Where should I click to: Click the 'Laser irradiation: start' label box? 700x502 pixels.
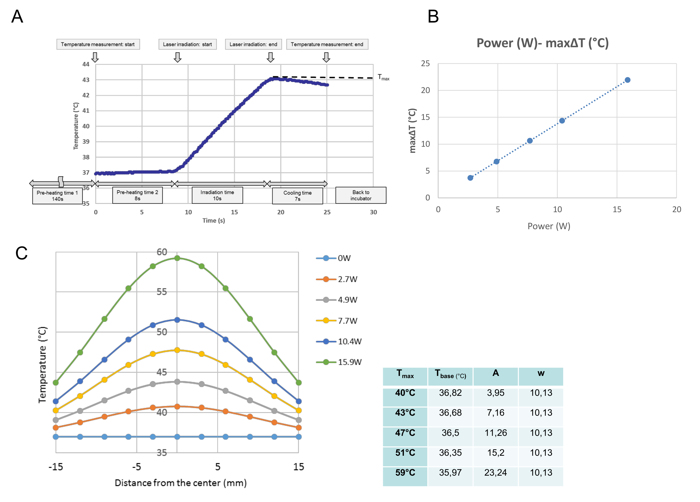pyautogui.click(x=187, y=44)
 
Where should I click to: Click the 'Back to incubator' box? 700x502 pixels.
pyautogui.click(x=361, y=195)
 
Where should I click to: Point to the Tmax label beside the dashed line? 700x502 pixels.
pyautogui.click(x=383, y=77)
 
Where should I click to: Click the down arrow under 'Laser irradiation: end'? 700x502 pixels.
pyautogui.click(x=271, y=57)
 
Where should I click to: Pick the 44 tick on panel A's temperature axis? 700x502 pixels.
pyautogui.click(x=86, y=64)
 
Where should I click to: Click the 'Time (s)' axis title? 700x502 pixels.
pyautogui.click(x=214, y=221)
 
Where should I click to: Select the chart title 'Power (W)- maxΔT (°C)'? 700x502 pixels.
pyautogui.click(x=542, y=43)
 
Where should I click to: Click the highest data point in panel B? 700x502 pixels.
pyautogui.click(x=627, y=80)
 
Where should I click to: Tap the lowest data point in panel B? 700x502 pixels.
pyautogui.click(x=470, y=178)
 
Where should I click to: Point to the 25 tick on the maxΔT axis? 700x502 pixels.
pyautogui.click(x=425, y=64)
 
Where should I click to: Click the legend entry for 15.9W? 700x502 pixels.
pyautogui.click(x=339, y=362)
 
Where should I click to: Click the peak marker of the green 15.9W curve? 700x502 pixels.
pyautogui.click(x=177, y=258)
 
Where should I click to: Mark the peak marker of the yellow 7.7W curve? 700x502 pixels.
pyautogui.click(x=177, y=350)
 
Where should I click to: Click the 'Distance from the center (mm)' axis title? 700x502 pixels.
pyautogui.click(x=181, y=483)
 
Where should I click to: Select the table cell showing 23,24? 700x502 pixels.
pyautogui.click(x=495, y=473)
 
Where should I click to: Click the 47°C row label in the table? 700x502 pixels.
pyautogui.click(x=405, y=433)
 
